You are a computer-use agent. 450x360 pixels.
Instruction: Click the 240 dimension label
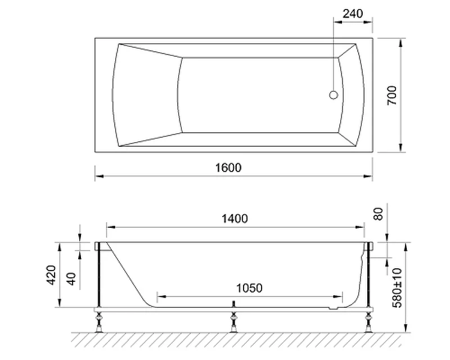click(353, 13)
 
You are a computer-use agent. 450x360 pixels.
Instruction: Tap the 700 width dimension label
click(392, 95)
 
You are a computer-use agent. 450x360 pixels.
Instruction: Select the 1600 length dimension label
click(228, 168)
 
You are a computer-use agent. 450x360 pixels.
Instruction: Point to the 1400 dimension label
click(235, 219)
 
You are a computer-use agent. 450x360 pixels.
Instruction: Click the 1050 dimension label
click(249, 288)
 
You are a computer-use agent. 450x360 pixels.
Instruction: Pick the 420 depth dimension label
click(51, 275)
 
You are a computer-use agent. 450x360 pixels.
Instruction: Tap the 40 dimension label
click(71, 279)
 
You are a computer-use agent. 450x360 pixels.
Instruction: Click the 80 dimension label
click(378, 214)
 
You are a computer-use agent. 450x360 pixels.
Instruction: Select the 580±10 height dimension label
click(397, 287)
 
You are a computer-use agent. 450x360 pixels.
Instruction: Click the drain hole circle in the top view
click(334, 94)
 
